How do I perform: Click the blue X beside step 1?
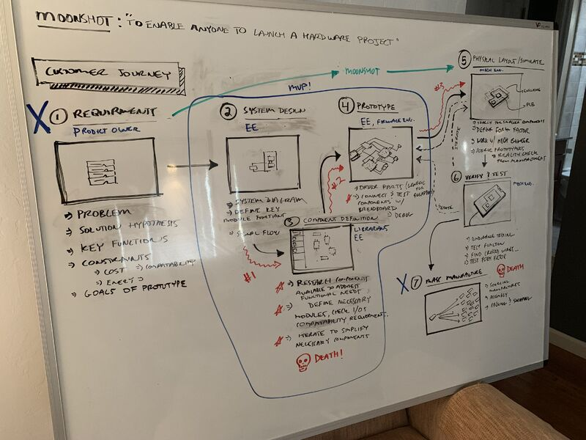click(38, 118)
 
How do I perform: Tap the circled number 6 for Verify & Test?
click(456, 177)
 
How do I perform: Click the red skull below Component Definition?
click(303, 362)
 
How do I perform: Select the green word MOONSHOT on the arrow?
click(362, 73)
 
